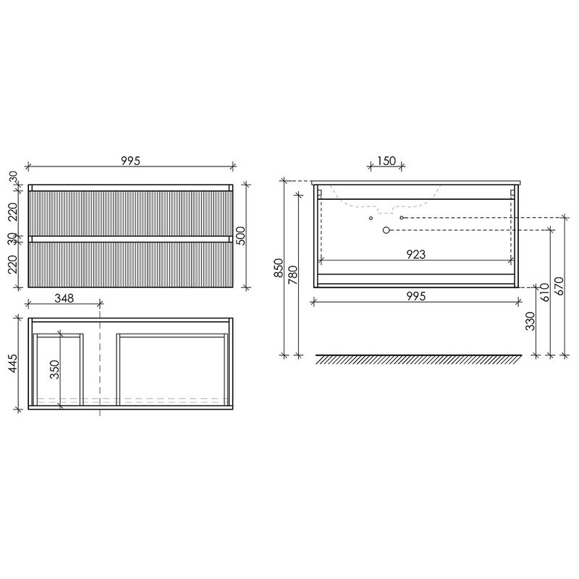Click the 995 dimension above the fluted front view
pyautogui.click(x=131, y=161)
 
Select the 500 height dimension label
pyautogui.click(x=240, y=236)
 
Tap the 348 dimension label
pyautogui.click(x=64, y=297)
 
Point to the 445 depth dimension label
pyautogui.click(x=12, y=363)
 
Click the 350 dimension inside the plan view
pyautogui.click(x=55, y=369)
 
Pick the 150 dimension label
pyautogui.click(x=386, y=161)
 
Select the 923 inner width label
pyautogui.click(x=415, y=254)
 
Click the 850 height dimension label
pyautogui.click(x=279, y=268)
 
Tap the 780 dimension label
pyautogui.click(x=292, y=275)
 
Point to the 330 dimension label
pyautogui.click(x=531, y=321)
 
